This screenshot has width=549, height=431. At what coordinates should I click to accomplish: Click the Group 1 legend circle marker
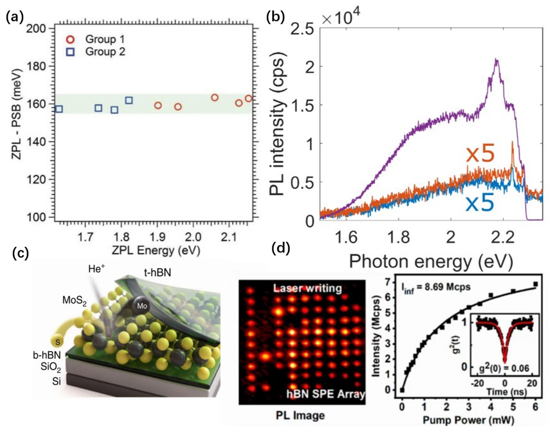coord(70,40)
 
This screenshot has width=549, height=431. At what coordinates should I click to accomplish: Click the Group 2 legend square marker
coord(70,52)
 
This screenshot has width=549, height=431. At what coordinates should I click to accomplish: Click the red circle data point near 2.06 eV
coord(215,97)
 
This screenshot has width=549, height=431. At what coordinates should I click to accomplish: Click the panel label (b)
coord(276,17)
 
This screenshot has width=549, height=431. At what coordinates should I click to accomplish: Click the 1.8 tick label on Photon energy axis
coord(398,237)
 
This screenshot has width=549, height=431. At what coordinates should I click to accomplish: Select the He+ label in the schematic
coord(96,269)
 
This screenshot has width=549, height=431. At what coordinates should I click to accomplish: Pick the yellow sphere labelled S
coord(58,342)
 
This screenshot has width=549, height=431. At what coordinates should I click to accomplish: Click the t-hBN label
coord(157,273)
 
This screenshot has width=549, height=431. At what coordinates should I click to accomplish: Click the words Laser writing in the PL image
coord(307,288)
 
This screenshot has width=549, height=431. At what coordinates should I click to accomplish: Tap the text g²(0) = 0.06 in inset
coord(504,368)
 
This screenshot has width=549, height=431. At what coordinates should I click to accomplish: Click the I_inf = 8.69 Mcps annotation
coord(436,287)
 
